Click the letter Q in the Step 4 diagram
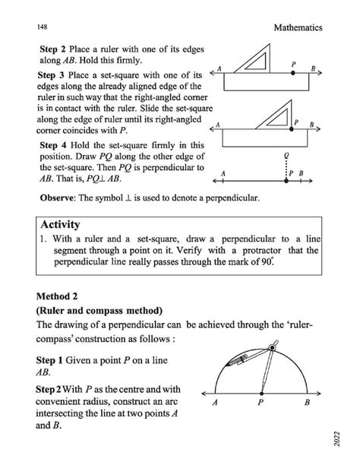286,156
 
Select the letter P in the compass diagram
260,404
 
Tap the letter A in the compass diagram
216,404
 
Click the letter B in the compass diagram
307,404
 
